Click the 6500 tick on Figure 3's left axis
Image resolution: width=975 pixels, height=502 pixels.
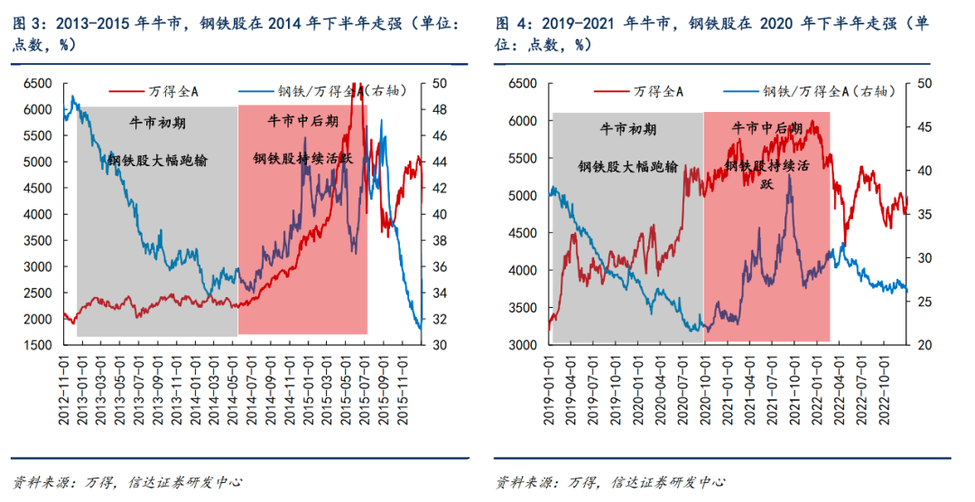click(37, 83)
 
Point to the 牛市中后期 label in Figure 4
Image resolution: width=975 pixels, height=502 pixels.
click(766, 128)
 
